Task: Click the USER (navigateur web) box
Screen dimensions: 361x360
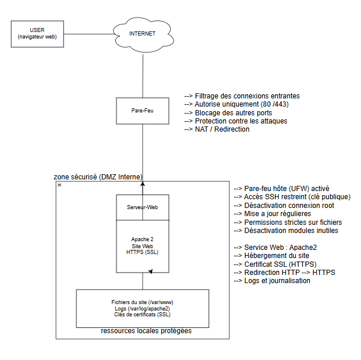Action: pyautogui.click(x=37, y=34)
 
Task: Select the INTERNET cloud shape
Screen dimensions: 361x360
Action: pyautogui.click(x=143, y=34)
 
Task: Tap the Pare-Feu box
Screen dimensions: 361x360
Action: pyautogui.click(x=143, y=111)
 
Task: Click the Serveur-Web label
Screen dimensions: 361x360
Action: pyautogui.click(x=142, y=207)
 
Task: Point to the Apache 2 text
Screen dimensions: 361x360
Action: pyautogui.click(x=142, y=239)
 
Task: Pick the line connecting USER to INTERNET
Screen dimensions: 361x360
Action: pyautogui.click(x=89, y=34)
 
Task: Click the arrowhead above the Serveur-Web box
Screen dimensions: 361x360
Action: pyautogui.click(x=143, y=183)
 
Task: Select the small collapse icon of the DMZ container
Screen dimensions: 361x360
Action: pyautogui.click(x=59, y=185)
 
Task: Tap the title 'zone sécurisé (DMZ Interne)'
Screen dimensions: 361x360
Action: pyautogui.click(x=98, y=177)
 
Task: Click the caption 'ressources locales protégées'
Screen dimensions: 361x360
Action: pyautogui.click(x=146, y=331)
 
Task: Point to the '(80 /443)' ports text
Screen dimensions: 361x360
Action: pyautogui.click(x=275, y=104)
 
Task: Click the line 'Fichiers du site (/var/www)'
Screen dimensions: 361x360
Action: pyautogui.click(x=142, y=302)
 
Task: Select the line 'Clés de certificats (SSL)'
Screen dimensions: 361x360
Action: pyautogui.click(x=142, y=315)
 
